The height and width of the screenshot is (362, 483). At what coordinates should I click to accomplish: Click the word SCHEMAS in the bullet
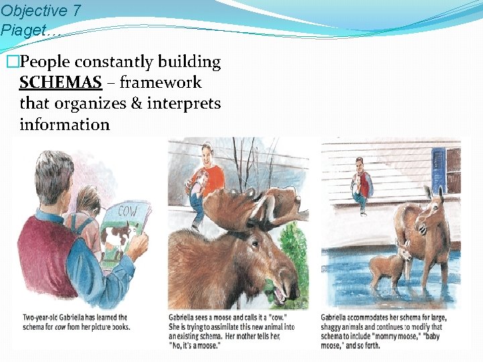[x=60, y=82]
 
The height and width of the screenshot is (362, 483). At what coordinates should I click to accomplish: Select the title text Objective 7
[x=34, y=11]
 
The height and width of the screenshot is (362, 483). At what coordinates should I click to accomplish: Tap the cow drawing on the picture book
[x=119, y=237]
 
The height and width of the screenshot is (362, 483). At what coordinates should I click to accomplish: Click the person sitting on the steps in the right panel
[x=361, y=184]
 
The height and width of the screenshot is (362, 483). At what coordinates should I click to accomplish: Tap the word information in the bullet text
[x=64, y=124]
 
